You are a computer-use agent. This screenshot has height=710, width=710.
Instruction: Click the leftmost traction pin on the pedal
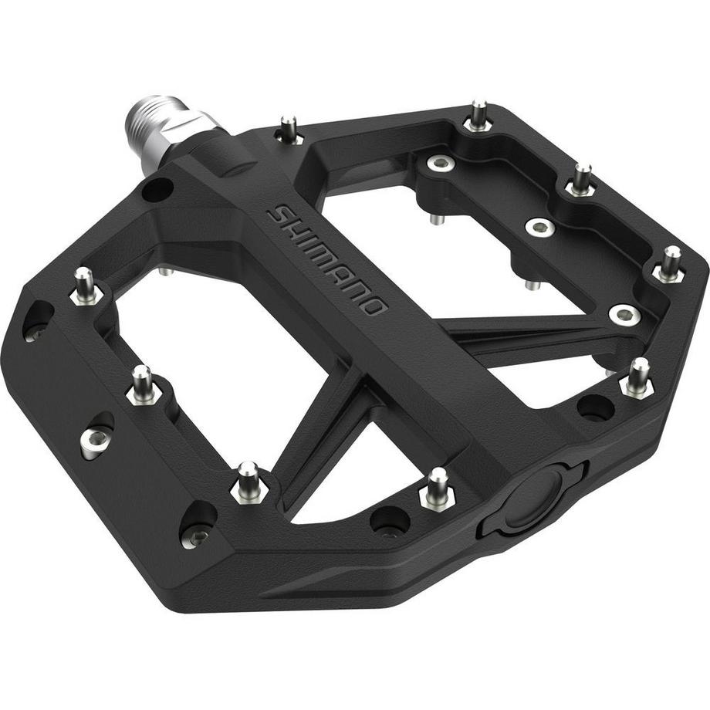(x=85, y=286)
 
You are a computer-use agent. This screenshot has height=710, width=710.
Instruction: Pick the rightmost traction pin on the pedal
(x=670, y=264)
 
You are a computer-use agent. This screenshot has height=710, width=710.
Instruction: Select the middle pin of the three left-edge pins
(x=144, y=385)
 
